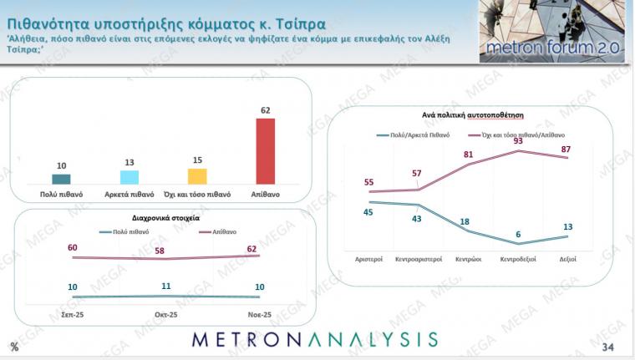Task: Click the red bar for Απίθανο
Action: coord(265,150)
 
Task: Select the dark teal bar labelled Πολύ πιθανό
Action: coord(61,178)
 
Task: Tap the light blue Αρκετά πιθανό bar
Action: coord(130,176)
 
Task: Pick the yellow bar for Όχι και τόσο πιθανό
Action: coord(197,175)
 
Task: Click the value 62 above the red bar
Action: coord(265,109)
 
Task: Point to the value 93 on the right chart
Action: coord(518,141)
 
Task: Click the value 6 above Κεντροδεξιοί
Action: coord(518,234)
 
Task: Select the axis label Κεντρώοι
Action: coord(468,259)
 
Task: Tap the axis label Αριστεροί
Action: coord(368,259)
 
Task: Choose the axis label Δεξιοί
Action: coord(567,259)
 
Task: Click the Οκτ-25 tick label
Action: coord(166,315)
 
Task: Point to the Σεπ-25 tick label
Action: coord(73,315)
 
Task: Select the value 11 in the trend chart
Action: coord(166,286)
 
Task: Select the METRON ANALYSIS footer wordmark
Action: coord(315,339)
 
